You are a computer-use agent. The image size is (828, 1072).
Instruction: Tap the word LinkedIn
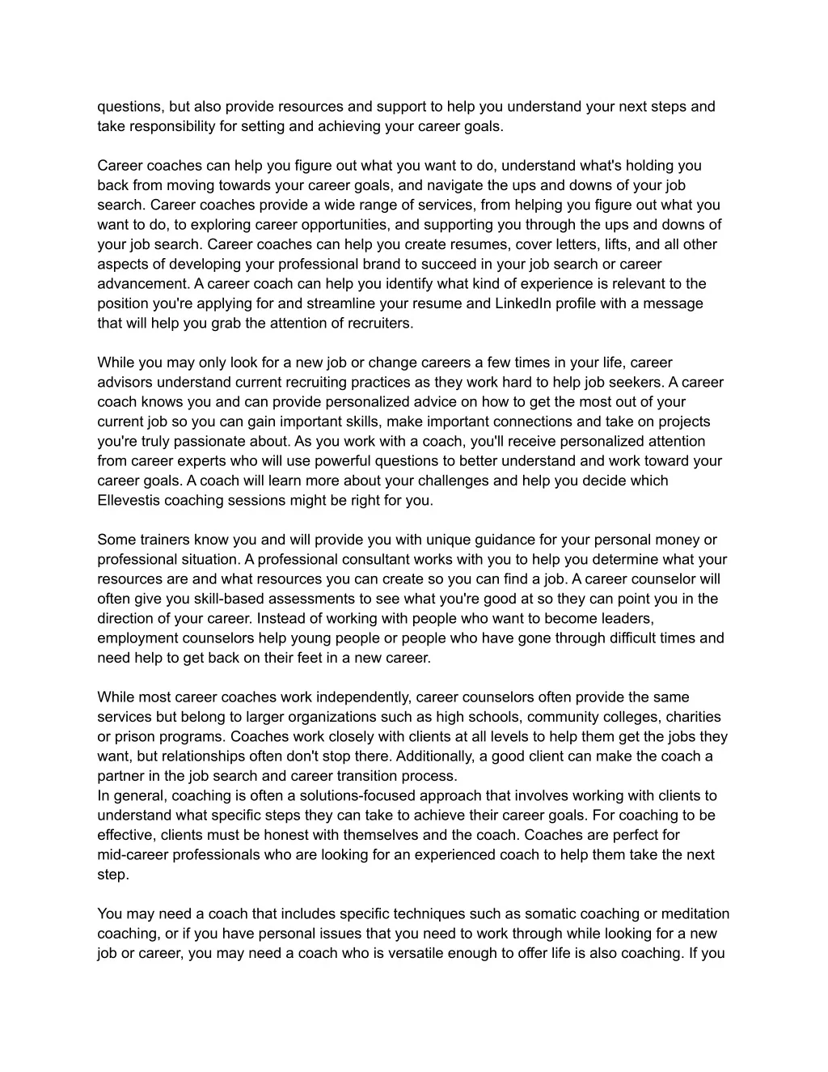[523, 303]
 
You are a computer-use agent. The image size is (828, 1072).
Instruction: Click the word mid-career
[133, 854]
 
